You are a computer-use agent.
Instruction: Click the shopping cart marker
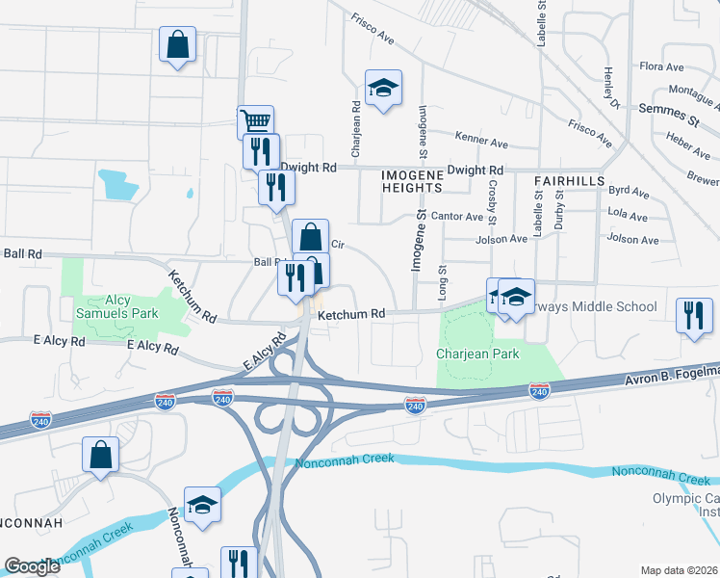click(255, 122)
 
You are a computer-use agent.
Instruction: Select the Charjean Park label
click(477, 354)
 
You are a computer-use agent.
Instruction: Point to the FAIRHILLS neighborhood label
click(569, 180)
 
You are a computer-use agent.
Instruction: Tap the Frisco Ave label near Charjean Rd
click(373, 29)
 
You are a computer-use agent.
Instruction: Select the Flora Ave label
click(661, 67)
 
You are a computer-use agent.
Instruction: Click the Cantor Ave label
click(457, 217)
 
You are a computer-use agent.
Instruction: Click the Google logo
click(32, 566)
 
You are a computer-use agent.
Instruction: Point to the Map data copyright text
click(679, 570)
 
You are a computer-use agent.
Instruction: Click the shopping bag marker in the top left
click(178, 44)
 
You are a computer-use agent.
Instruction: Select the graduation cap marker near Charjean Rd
click(383, 88)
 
